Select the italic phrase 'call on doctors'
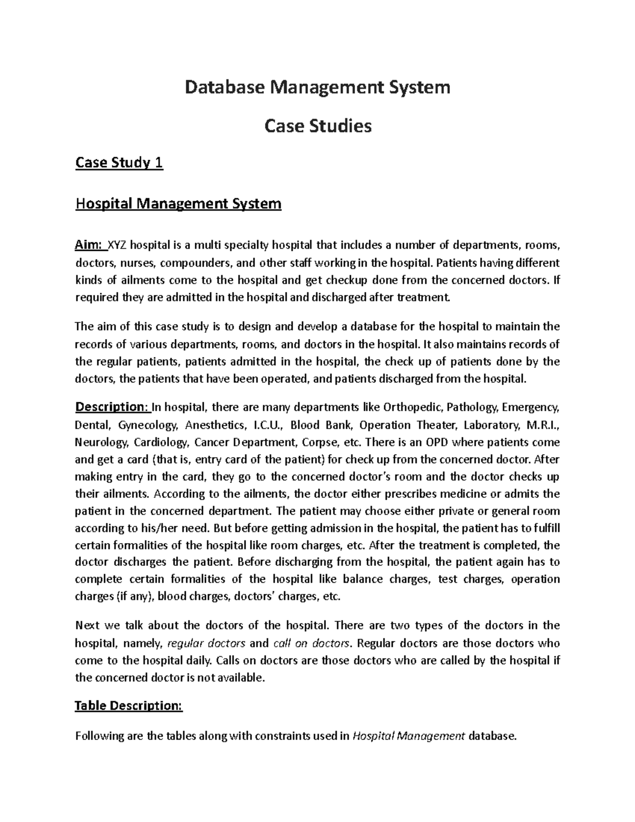coord(312,643)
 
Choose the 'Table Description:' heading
coord(129,706)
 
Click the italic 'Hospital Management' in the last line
coord(409,736)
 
